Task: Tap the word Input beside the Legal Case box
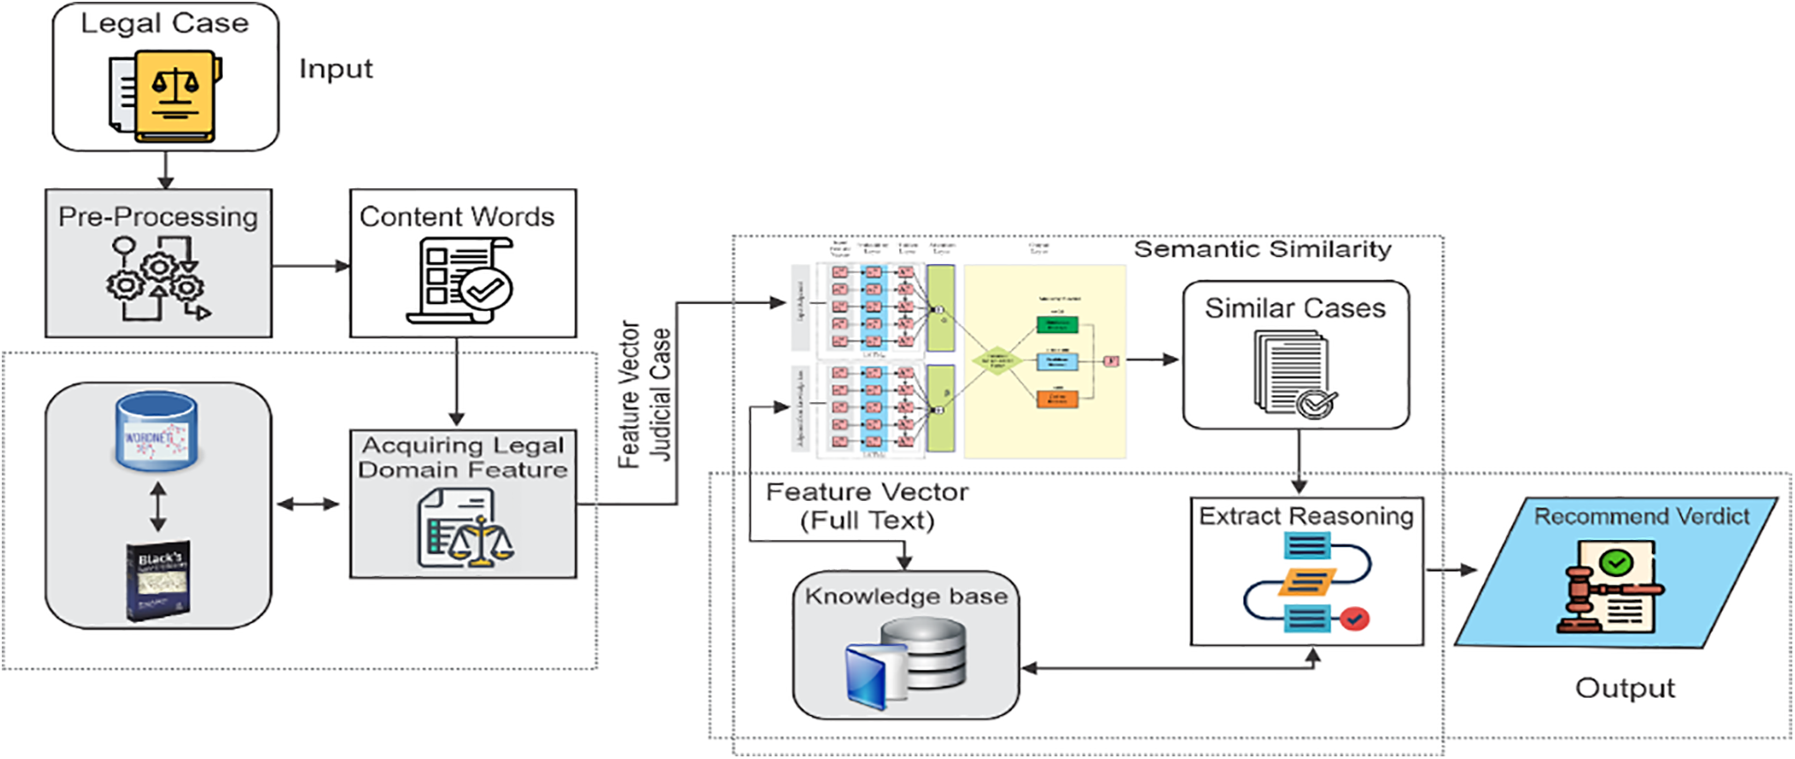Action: pyautogui.click(x=336, y=69)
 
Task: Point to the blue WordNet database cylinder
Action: pyautogui.click(x=156, y=432)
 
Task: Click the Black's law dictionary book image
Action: pyautogui.click(x=158, y=580)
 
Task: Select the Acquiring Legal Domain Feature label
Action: pyautogui.click(x=463, y=458)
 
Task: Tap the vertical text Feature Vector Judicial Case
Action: pyautogui.click(x=644, y=394)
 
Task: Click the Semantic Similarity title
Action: pyautogui.click(x=1262, y=250)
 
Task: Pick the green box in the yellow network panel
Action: pyautogui.click(x=1057, y=324)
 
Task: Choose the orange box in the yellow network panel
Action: pyautogui.click(x=1057, y=398)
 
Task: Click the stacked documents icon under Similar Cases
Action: pyautogui.click(x=1293, y=374)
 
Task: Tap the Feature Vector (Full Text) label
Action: pyautogui.click(x=867, y=506)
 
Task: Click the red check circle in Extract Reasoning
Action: pyautogui.click(x=1354, y=619)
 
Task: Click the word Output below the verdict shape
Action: pyautogui.click(x=1625, y=688)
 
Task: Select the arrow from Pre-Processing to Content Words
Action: pyautogui.click(x=311, y=266)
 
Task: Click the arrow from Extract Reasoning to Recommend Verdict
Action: pyautogui.click(x=1451, y=570)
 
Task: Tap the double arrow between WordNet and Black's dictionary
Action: pyautogui.click(x=158, y=506)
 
